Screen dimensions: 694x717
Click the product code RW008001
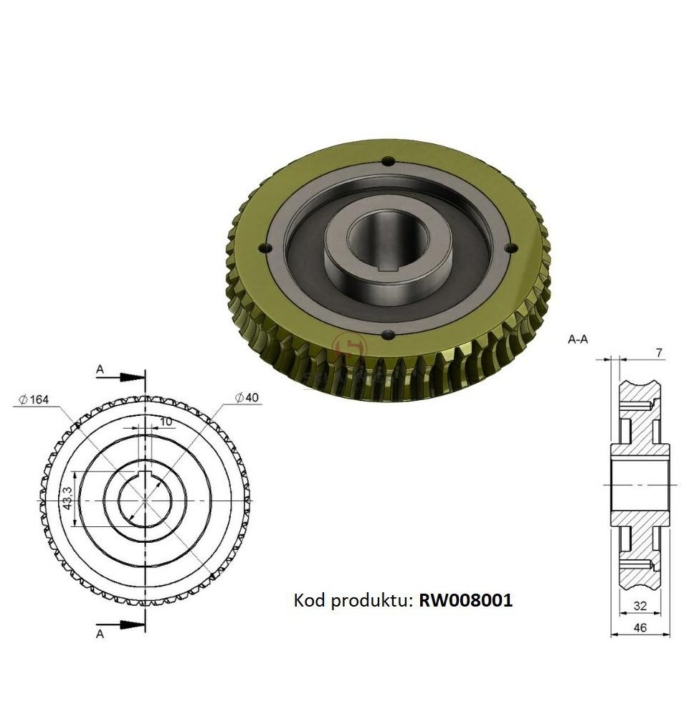(465, 600)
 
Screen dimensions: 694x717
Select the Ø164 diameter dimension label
(34, 399)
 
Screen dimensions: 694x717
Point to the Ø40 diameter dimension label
(247, 398)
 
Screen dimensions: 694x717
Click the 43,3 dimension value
(67, 498)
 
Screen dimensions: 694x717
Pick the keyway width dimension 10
(166, 421)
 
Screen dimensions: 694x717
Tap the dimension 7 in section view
(659, 353)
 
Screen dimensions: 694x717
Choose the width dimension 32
(640, 605)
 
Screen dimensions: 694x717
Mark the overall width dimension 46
(640, 627)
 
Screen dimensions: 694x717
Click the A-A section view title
(577, 339)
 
